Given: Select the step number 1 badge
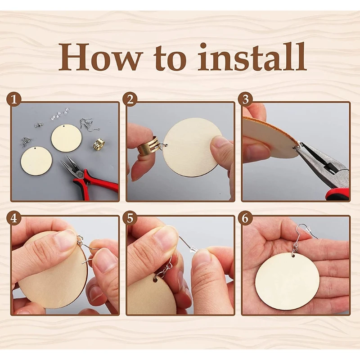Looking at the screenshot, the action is coord(14,100).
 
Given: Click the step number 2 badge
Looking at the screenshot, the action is coord(130,100).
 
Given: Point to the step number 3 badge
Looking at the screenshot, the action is coord(245,100).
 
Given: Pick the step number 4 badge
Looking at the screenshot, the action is coord(14,218).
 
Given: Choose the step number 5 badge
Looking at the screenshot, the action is coord(130,218).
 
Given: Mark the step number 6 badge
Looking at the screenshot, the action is coord(245,218).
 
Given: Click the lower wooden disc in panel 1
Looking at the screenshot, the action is coord(36,161).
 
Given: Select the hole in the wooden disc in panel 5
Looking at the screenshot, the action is coord(155,280).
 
